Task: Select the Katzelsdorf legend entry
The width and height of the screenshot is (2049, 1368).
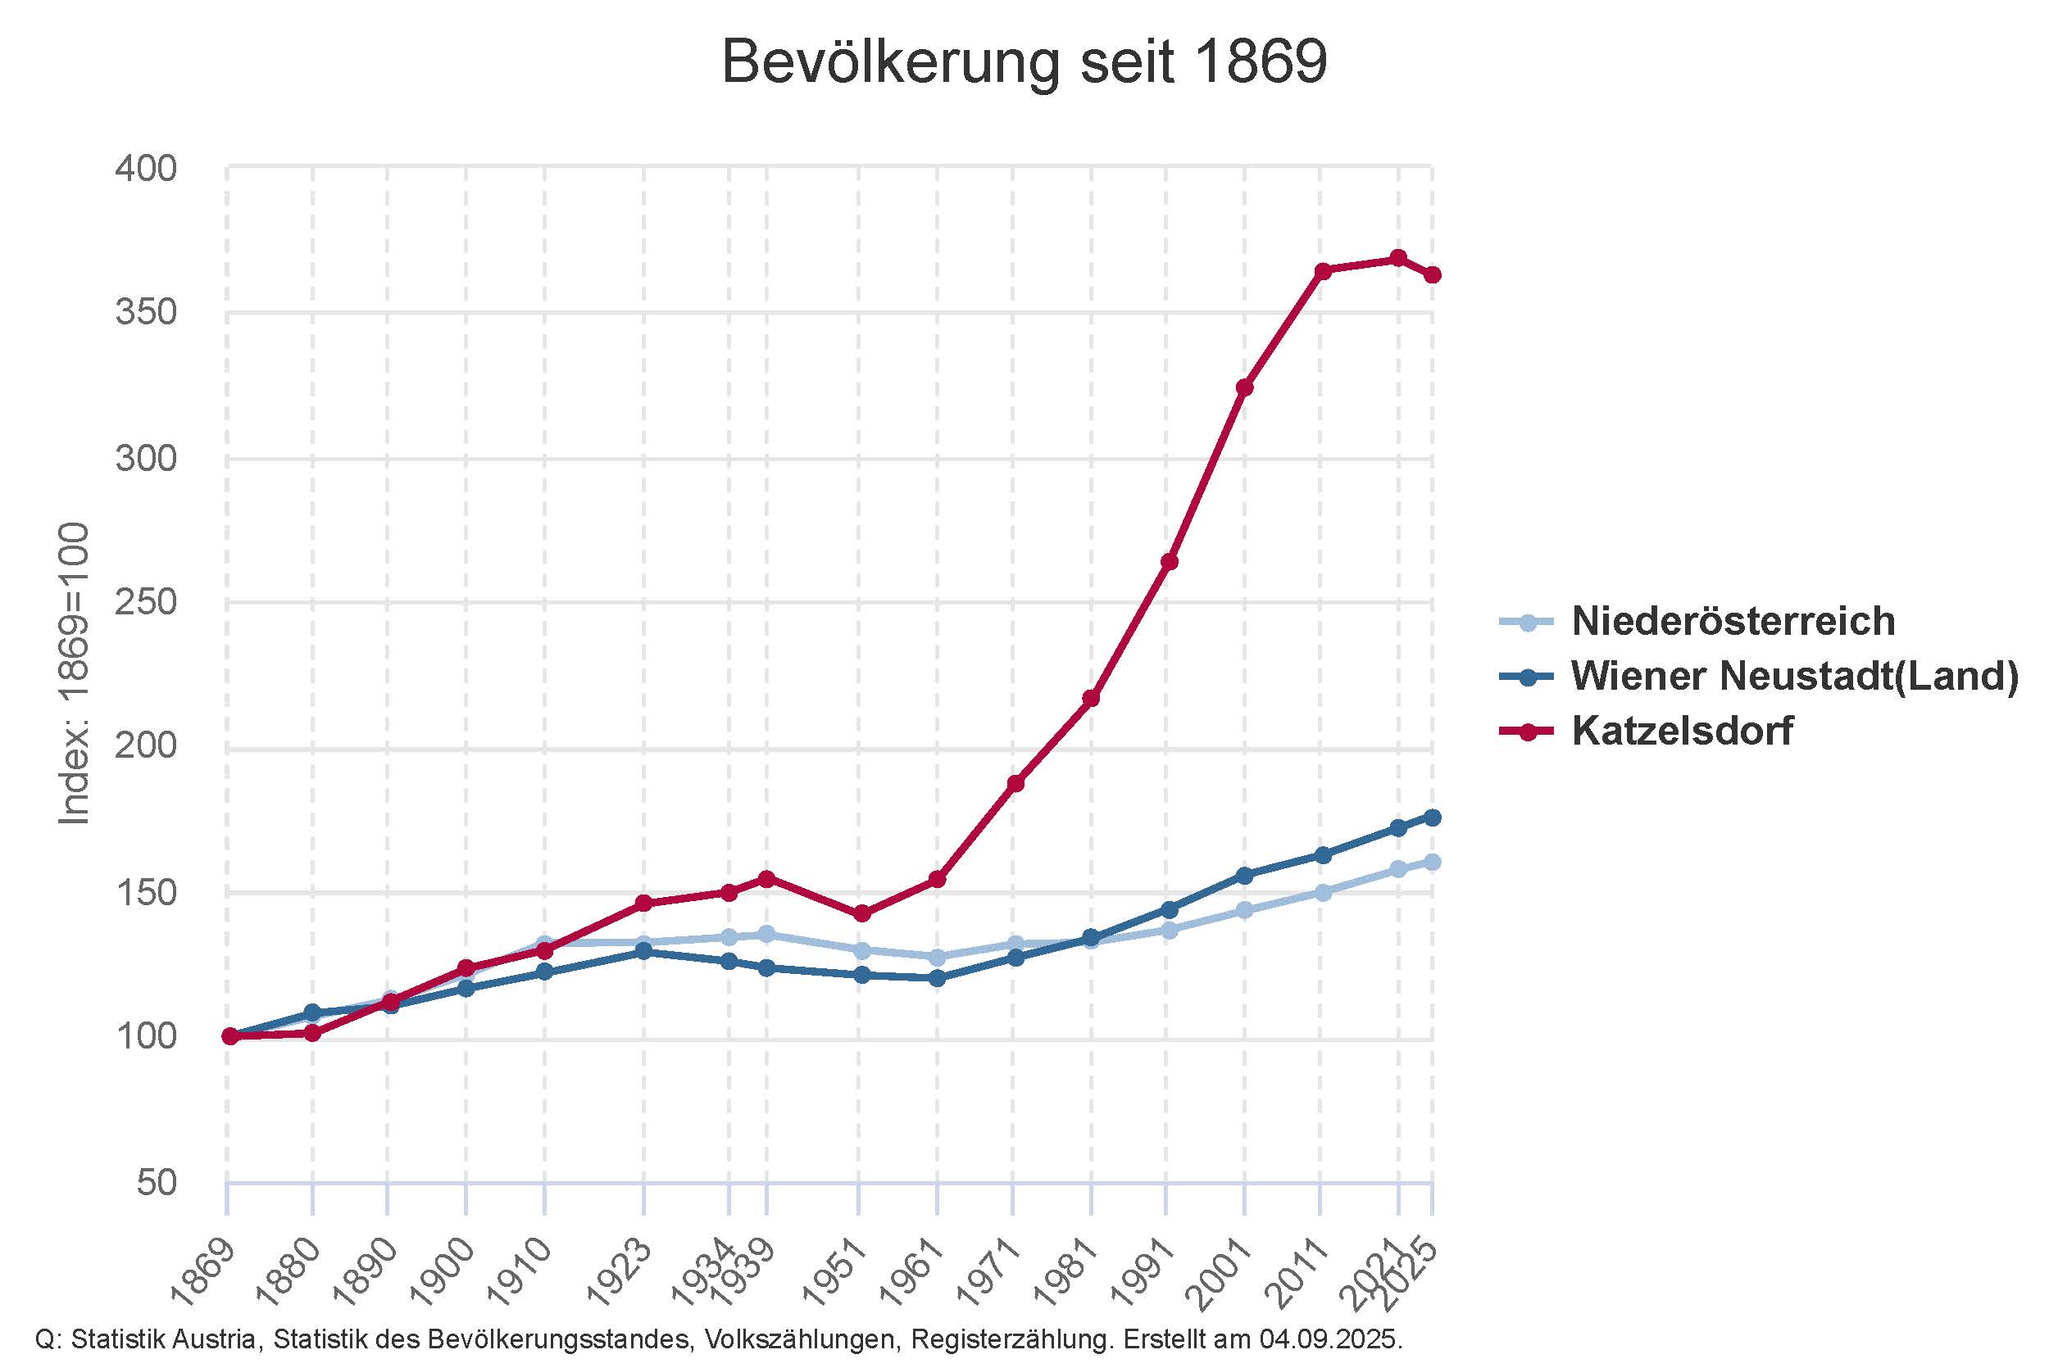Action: (1682, 732)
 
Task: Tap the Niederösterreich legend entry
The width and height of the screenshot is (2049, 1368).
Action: (1733, 621)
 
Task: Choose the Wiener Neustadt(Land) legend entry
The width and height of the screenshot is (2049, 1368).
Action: (1794, 676)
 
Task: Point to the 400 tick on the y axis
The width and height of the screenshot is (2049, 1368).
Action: (146, 169)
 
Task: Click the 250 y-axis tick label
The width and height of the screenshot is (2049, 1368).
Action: (146, 603)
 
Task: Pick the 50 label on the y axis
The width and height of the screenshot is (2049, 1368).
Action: (157, 1184)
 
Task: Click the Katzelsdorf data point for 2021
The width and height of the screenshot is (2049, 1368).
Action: (1398, 258)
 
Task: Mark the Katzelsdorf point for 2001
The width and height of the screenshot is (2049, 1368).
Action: (1244, 387)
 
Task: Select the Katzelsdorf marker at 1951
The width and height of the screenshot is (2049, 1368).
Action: (861, 913)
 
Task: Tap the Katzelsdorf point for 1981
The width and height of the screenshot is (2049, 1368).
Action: (1091, 698)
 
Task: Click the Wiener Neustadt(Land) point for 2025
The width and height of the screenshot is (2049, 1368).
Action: (1432, 818)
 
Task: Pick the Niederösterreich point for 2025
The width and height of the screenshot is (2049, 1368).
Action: (1432, 862)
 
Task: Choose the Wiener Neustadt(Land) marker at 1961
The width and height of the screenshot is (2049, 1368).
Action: (938, 978)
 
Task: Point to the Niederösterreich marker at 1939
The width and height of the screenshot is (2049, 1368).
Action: (766, 935)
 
